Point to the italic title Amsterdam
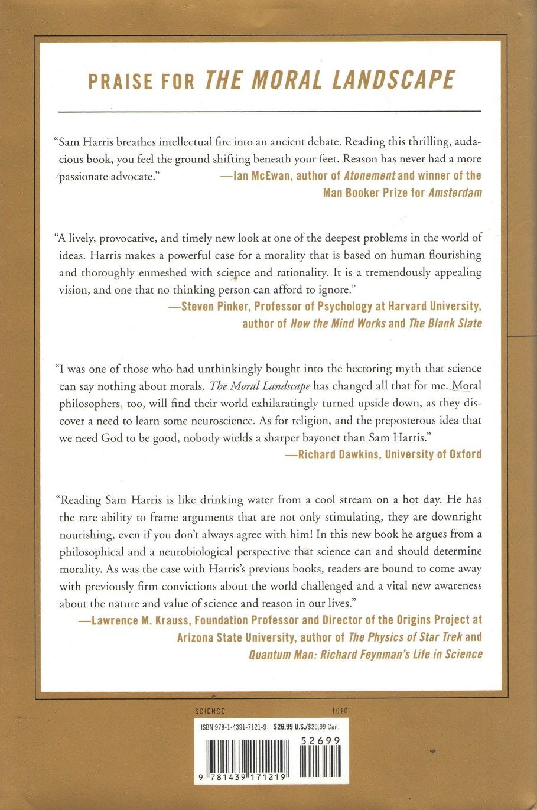(x=455, y=193)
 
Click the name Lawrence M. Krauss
(x=140, y=620)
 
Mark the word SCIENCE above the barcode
(x=210, y=711)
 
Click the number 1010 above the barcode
(x=340, y=711)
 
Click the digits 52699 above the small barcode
(x=320, y=740)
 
